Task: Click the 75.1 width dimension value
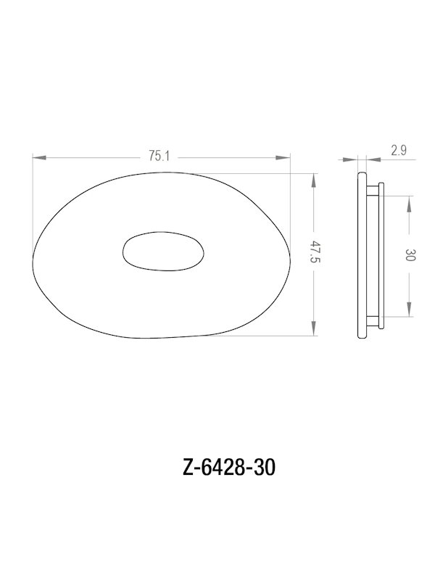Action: point(158,155)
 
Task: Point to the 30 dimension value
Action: point(410,255)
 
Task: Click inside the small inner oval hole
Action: point(162,254)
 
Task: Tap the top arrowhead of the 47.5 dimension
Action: point(314,178)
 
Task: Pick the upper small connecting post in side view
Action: point(373,189)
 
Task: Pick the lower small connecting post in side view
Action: point(373,321)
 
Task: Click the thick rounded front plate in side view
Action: point(363,255)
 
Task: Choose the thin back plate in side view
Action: point(381,255)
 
